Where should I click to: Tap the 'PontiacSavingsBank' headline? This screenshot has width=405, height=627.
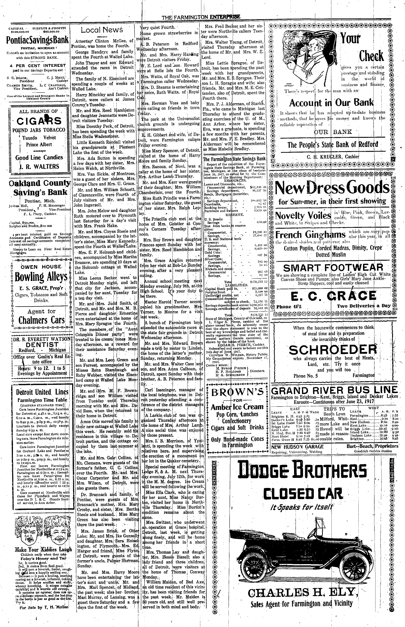click(37, 40)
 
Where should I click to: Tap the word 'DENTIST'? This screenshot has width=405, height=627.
click(37, 344)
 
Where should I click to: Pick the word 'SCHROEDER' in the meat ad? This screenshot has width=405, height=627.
click(332, 350)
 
